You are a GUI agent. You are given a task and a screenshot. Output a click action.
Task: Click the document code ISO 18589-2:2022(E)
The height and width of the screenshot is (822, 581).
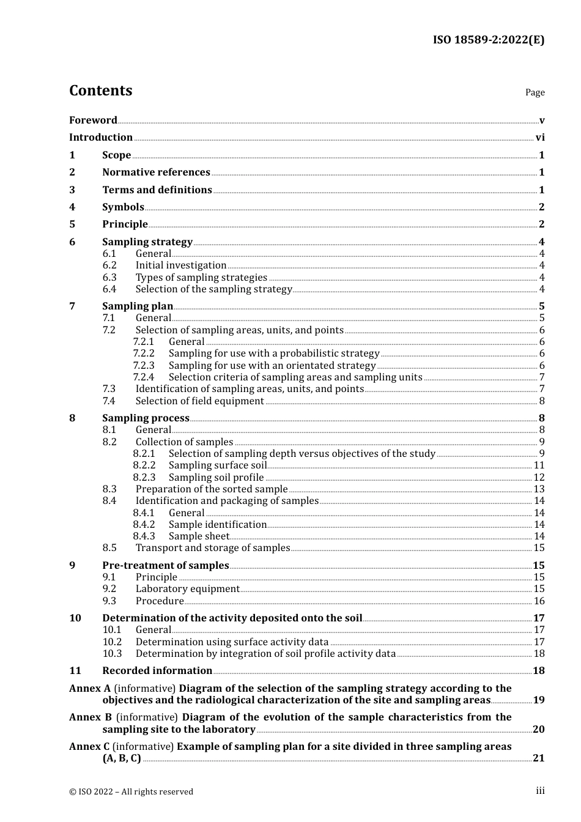pos(488,40)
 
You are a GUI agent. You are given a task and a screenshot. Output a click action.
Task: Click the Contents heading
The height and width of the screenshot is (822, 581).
pos(100,91)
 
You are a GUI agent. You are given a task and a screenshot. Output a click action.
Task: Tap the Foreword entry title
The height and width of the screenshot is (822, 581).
pos(93,120)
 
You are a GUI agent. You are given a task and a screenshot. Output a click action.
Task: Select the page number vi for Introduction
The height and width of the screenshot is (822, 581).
pos(540,138)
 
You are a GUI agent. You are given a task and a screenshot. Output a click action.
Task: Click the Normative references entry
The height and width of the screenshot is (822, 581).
pos(156,172)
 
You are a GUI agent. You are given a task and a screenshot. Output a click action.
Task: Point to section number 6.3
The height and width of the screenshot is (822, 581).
pos(109,277)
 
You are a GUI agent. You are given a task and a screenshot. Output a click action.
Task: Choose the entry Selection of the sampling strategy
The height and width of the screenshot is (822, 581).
pos(213,289)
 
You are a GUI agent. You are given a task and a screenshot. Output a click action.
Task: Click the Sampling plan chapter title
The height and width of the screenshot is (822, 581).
pos(138,306)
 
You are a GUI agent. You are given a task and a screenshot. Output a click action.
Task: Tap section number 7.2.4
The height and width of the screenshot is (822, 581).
pos(144,377)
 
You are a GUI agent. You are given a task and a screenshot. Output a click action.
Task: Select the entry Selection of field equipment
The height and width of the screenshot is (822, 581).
pos(199,401)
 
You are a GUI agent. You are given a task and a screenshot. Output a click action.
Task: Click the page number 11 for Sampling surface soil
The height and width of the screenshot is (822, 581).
pos(539,465)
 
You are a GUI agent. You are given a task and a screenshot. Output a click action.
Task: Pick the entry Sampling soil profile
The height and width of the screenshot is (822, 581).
pos(216,478)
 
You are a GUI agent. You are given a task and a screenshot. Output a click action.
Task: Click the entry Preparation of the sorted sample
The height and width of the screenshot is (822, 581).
pos(211,489)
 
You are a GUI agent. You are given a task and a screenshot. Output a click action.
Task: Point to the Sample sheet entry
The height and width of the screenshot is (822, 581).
pos(199,536)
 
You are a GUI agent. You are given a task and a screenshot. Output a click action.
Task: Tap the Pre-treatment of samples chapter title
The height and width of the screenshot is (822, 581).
pos(165,566)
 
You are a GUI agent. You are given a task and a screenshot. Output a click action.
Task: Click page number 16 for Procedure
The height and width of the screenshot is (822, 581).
pos(539,601)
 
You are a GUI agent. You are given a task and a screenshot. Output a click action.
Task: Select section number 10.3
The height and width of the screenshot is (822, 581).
pos(112,654)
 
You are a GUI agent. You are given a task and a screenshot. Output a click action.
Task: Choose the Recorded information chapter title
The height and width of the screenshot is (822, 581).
pos(157,671)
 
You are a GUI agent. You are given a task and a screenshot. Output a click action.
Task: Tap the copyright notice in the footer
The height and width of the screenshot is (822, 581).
pos(131,791)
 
